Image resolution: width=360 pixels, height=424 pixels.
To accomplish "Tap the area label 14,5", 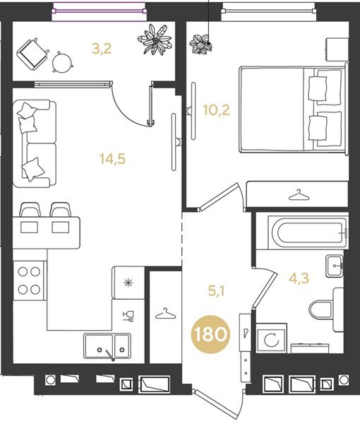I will (109, 159).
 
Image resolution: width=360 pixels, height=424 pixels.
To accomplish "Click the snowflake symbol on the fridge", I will (128, 283).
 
